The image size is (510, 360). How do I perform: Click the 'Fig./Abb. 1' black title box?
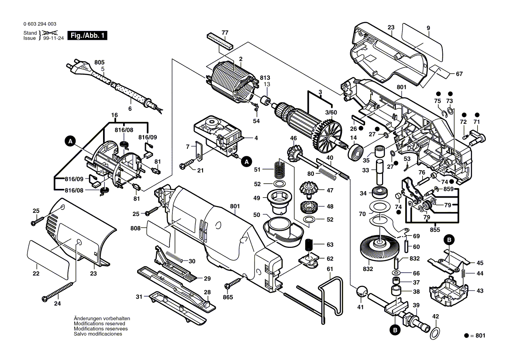87,35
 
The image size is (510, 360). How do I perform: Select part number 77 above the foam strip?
225,32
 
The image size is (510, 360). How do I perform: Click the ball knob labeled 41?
361,291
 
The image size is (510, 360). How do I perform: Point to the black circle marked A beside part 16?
70,141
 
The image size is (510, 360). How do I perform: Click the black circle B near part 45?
449,240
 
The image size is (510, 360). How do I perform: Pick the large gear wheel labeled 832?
379,249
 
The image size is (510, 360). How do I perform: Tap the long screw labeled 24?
61,291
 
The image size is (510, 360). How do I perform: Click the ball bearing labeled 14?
356,152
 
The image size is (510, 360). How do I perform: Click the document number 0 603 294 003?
40,24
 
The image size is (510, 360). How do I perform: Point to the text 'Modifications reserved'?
100,324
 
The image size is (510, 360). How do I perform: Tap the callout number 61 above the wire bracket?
330,269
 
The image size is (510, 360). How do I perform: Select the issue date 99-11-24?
54,38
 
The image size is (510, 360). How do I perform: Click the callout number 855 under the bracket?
434,230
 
